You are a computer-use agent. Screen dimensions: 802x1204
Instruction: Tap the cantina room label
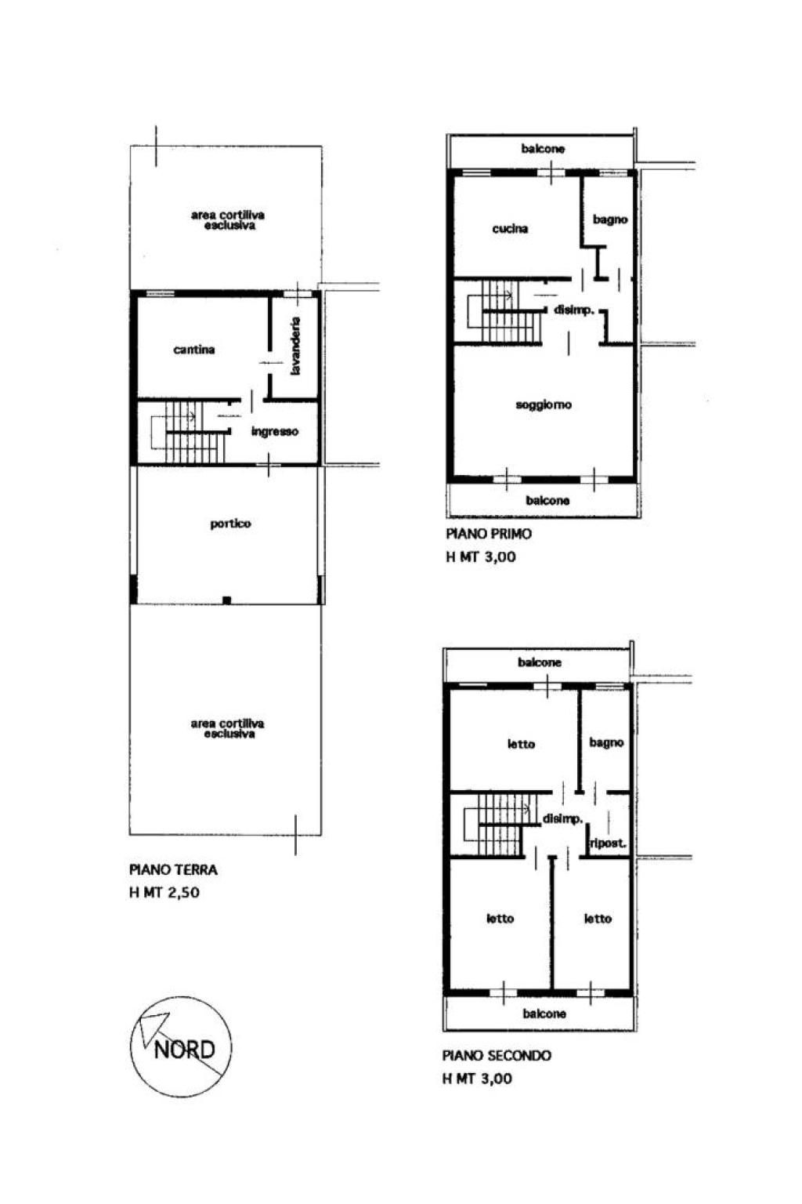(194, 350)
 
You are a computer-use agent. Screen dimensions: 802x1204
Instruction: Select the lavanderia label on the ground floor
(295, 346)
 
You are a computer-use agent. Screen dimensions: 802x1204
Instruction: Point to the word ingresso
(274, 432)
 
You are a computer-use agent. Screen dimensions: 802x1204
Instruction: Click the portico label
(230, 524)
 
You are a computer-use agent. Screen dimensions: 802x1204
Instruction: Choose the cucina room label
(510, 229)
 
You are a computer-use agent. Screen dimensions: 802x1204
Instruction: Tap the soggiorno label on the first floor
(544, 404)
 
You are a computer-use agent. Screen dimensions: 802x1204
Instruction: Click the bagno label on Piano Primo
(609, 219)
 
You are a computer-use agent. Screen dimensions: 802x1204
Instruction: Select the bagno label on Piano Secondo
(606, 743)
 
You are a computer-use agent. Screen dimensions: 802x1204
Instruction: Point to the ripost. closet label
(608, 843)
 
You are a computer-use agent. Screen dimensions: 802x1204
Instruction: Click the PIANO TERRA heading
(174, 869)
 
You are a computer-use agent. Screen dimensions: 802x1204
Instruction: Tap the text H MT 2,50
(164, 893)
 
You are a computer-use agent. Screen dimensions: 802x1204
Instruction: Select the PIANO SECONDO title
(497, 1056)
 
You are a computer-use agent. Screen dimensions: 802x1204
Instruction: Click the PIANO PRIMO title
(489, 534)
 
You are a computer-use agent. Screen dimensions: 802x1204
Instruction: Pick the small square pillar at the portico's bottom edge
(226, 600)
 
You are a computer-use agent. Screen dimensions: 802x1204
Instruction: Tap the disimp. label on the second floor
(562, 819)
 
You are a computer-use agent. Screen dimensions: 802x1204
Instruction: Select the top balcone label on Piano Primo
(543, 149)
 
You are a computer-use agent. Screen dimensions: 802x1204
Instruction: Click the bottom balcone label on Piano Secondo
(544, 1014)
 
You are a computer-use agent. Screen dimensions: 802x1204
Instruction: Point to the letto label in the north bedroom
(521, 745)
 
